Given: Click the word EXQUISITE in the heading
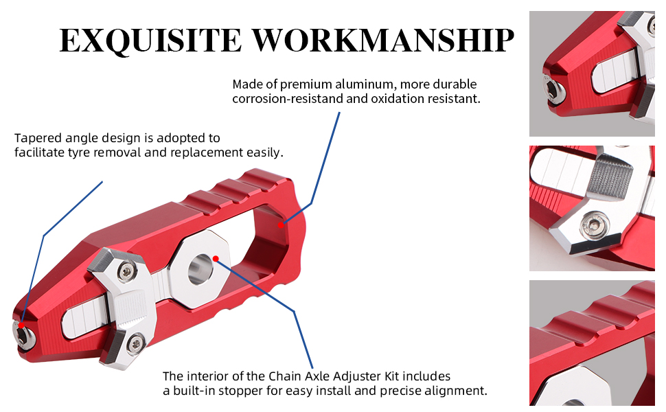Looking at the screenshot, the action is (150, 41).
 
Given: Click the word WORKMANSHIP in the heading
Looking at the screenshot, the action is (383, 41).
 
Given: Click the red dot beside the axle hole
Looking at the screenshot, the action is (216, 259).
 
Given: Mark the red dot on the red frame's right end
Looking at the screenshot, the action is (282, 224).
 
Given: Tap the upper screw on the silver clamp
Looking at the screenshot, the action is (125, 273).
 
